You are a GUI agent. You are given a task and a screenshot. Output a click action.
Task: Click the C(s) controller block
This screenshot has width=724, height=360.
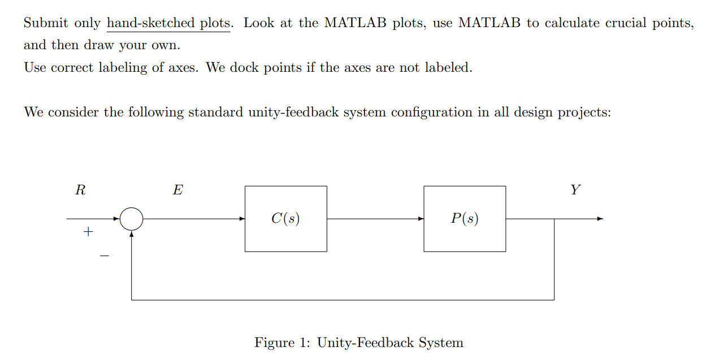[x=285, y=219]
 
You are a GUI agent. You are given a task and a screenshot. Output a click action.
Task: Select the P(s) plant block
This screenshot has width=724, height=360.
[x=465, y=219]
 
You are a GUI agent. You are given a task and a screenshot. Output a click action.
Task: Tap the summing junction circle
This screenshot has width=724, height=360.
[x=132, y=219]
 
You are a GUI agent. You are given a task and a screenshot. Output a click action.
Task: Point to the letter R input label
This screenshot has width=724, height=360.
[x=80, y=190]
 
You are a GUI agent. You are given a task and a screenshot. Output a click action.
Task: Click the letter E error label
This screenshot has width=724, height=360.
[x=177, y=190]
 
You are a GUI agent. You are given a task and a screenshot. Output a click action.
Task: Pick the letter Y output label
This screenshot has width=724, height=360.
[x=575, y=190]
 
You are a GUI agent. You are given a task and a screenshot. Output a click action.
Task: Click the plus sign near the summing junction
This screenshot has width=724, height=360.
[x=88, y=232]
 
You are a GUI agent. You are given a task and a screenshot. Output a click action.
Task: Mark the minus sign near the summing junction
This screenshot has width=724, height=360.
[x=104, y=256]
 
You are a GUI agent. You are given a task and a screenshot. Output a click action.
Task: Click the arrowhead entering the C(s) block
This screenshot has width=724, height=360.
[x=242, y=219]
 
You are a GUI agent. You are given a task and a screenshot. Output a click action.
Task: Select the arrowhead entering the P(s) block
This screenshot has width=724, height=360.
[x=421, y=219]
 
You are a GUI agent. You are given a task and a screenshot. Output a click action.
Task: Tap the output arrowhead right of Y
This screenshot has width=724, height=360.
[x=600, y=219]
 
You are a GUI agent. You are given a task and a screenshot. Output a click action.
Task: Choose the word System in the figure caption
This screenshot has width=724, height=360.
[x=441, y=342]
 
